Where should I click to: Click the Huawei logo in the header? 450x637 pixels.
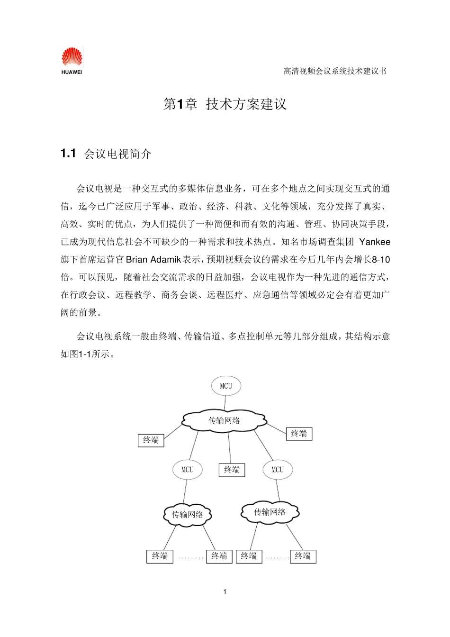[72, 60]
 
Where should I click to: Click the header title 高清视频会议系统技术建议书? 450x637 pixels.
[335, 71]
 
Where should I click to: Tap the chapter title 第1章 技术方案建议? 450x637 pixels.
[225, 104]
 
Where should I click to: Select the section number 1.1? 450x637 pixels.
[68, 154]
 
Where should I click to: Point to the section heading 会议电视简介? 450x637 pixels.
[118, 154]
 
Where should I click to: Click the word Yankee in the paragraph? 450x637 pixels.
[375, 242]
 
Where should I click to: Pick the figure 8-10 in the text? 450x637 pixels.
[381, 260]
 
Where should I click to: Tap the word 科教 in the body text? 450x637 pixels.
[243, 207]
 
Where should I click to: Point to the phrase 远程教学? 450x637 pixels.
[133, 295]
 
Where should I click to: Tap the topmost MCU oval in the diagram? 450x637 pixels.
[226, 386]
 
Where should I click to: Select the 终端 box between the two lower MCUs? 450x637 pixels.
[232, 470]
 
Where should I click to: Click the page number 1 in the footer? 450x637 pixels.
[225, 591]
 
